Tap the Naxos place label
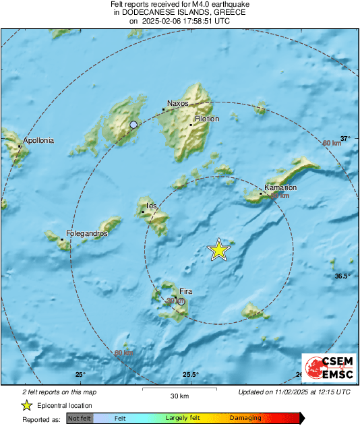pyautogui.click(x=177, y=103)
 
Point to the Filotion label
pyautogui.click(x=207, y=119)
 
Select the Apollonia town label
pyautogui.click(x=38, y=141)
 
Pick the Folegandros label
pyautogui.click(x=86, y=233)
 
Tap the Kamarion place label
pyautogui.click(x=280, y=187)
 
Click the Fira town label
pyautogui.click(x=185, y=291)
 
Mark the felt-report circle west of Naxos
pyautogui.click(x=133, y=125)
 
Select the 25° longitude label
pyautogui.click(x=80, y=375)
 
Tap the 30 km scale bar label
pyautogui.click(x=178, y=396)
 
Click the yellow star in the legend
pyautogui.click(x=26, y=405)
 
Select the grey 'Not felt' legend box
pyautogui.click(x=79, y=418)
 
